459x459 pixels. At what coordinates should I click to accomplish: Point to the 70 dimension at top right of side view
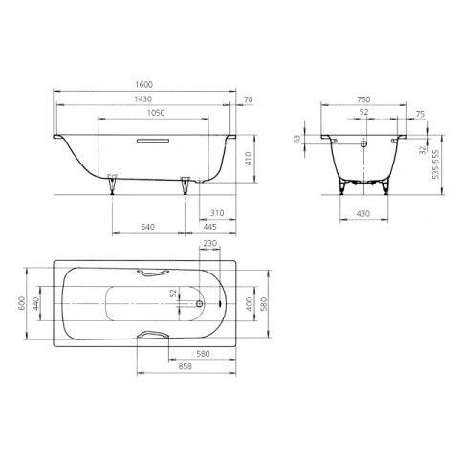pyautogui.click(x=248, y=99)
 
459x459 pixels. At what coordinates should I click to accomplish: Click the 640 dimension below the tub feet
pyautogui.click(x=148, y=227)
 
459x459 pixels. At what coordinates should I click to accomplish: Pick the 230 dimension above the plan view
pyautogui.click(x=209, y=244)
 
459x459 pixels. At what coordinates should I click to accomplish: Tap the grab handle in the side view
pyautogui.click(x=153, y=141)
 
